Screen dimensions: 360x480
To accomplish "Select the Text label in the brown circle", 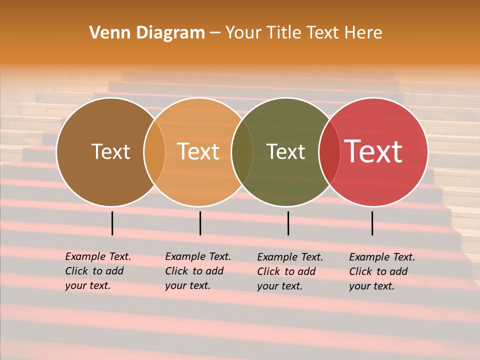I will tap(110, 151).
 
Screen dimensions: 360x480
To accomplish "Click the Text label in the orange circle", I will tap(198, 151).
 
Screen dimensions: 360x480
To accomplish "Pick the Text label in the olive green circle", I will tap(285, 151).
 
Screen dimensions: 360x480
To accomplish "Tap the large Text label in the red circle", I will tap(373, 151).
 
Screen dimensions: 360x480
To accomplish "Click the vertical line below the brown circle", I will tap(112, 223).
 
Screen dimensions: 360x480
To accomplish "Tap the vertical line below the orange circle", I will tap(200, 223).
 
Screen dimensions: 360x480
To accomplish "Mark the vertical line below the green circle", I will tap(288, 223).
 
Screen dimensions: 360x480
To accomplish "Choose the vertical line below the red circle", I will tap(372, 223).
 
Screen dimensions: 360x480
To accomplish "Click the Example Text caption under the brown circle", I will tap(98, 271).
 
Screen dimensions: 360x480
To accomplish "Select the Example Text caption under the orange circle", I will tap(198, 271).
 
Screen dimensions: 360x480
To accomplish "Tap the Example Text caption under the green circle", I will tap(290, 271).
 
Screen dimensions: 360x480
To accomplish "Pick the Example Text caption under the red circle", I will tap(382, 271).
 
